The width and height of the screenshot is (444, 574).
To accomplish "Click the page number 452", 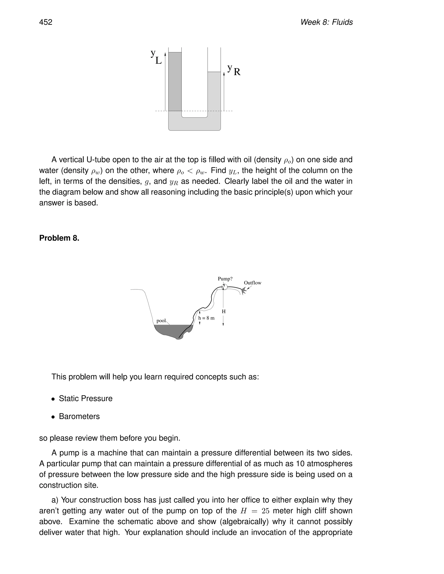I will point(46,22).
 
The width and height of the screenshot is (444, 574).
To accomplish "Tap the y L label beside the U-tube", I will point(156,57).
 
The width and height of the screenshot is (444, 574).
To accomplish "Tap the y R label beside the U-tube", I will point(233,70).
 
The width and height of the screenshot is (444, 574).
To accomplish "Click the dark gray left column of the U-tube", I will point(175,81).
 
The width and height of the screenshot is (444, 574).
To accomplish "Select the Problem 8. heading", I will point(59,238).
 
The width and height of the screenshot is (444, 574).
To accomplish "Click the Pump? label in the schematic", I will point(225,279).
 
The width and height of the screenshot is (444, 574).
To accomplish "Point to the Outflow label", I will point(252,283).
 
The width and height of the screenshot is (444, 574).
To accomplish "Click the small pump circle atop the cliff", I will point(224,287).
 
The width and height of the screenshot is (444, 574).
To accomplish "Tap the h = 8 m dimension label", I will point(206,318).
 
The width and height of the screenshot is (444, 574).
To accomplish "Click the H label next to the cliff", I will point(224,311).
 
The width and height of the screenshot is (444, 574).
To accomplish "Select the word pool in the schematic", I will point(161,321).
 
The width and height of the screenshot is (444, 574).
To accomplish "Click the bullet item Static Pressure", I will point(85,398).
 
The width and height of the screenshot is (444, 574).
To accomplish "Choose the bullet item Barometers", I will point(79,416).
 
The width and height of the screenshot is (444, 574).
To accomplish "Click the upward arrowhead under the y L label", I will point(165,54).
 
